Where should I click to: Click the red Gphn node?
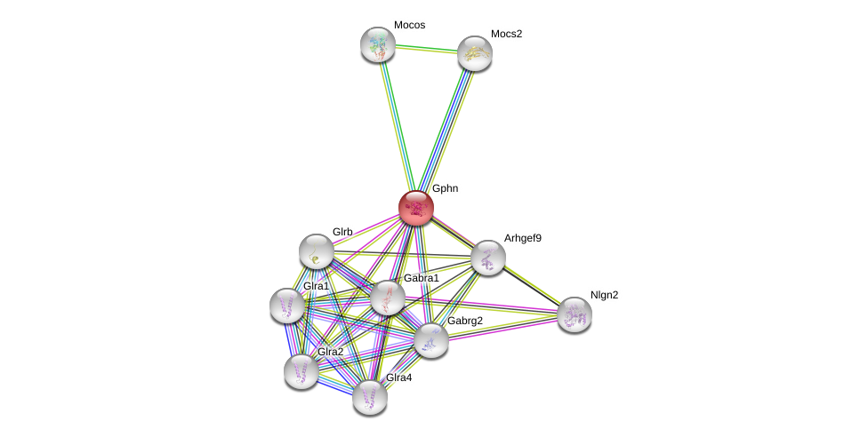(415, 208)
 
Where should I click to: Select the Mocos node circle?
(378, 44)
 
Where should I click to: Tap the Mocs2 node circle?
(475, 54)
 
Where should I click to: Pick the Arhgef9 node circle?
(487, 258)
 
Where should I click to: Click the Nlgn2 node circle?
(574, 314)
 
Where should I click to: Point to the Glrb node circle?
(317, 251)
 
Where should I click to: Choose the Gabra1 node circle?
(387, 298)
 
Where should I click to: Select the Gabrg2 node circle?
(431, 339)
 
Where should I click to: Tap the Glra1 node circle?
(287, 306)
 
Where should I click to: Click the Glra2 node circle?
(301, 370)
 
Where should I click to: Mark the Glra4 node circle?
(370, 397)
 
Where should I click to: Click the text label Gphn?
(445, 188)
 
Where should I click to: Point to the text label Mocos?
(409, 25)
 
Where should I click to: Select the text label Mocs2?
(506, 34)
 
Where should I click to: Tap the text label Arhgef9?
(522, 238)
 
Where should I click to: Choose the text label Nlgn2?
(604, 295)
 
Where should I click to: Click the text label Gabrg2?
(464, 321)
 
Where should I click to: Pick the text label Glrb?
(342, 232)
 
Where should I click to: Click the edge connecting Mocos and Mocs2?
(426, 49)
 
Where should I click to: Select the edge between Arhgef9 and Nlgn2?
(531, 286)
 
